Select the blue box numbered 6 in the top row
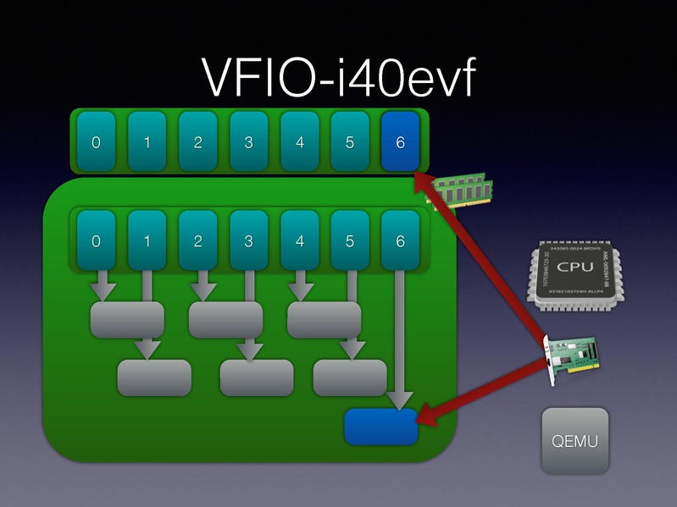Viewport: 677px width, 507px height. [400, 141]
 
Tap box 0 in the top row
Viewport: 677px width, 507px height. [96, 141]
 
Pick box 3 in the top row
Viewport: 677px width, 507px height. [248, 141]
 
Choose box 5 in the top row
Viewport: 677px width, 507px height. [350, 141]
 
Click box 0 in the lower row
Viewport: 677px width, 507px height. [96, 241]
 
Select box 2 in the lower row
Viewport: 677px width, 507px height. [197, 241]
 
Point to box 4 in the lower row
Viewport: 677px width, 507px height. [299, 241]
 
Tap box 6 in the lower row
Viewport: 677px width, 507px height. [400, 241]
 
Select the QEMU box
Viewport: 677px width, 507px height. [575, 440]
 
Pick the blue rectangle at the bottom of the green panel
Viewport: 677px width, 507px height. [381, 426]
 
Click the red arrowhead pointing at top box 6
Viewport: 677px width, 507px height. [421, 179]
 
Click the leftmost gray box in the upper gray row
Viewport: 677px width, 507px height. [127, 320]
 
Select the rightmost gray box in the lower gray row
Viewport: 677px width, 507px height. [350, 377]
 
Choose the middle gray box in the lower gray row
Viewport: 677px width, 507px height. [256, 377]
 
